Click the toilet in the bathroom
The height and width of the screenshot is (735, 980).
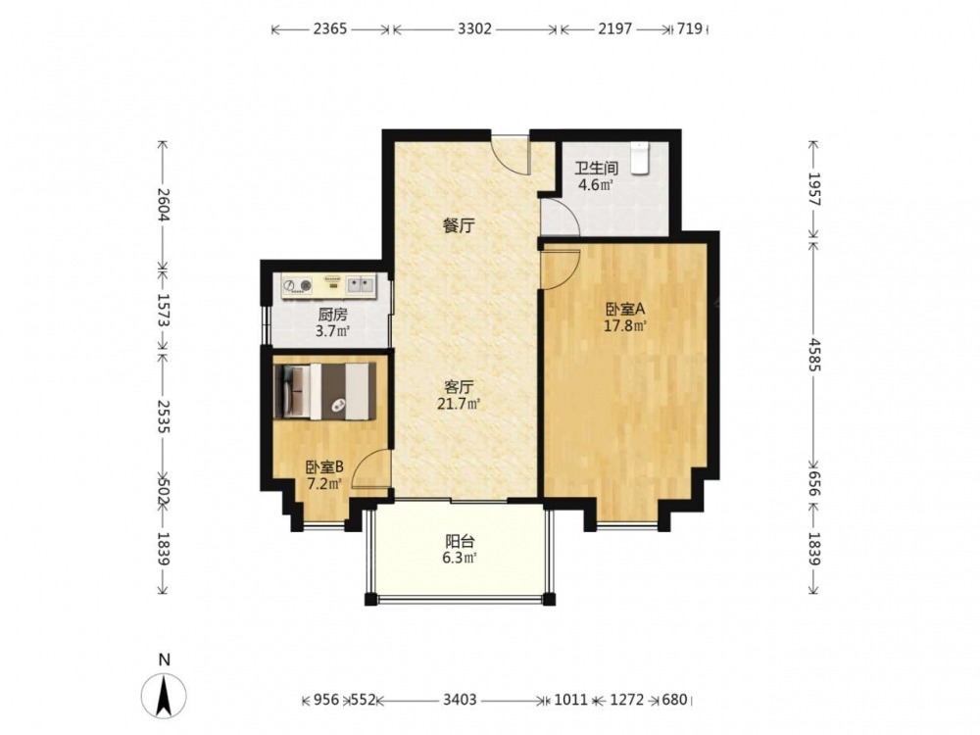(639, 158)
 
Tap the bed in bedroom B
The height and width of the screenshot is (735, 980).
(325, 391)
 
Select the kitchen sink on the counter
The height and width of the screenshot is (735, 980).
(362, 285)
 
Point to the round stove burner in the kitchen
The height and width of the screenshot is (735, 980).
(289, 286)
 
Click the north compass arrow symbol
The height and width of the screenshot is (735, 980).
(164, 695)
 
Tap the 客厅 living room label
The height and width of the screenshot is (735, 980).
(459, 387)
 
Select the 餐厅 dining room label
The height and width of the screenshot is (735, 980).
(459, 225)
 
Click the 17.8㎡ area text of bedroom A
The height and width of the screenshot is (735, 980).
(624, 325)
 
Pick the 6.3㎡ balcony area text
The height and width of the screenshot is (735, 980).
(460, 559)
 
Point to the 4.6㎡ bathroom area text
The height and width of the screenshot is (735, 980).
(596, 185)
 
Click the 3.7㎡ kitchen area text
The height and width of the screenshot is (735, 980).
(332, 331)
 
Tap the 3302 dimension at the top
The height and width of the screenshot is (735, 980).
(475, 28)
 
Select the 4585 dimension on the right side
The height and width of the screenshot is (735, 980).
(813, 355)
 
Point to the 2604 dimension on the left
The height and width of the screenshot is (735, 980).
(163, 205)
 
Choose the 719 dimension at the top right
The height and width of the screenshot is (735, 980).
(689, 28)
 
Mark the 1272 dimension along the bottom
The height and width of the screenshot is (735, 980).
(627, 700)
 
